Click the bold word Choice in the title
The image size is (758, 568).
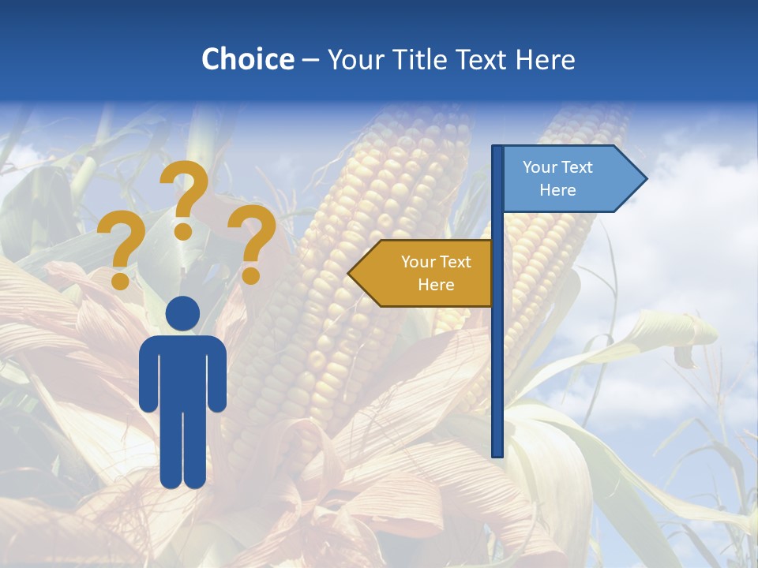(247, 59)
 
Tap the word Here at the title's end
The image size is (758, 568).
(545, 59)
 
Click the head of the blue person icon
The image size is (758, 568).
(182, 314)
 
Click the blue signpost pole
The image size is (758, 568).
(497, 355)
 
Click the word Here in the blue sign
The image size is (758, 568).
(557, 190)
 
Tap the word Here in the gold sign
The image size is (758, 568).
(436, 285)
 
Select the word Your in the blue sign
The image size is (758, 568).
(540, 167)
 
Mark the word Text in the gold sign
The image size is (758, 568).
(455, 262)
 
